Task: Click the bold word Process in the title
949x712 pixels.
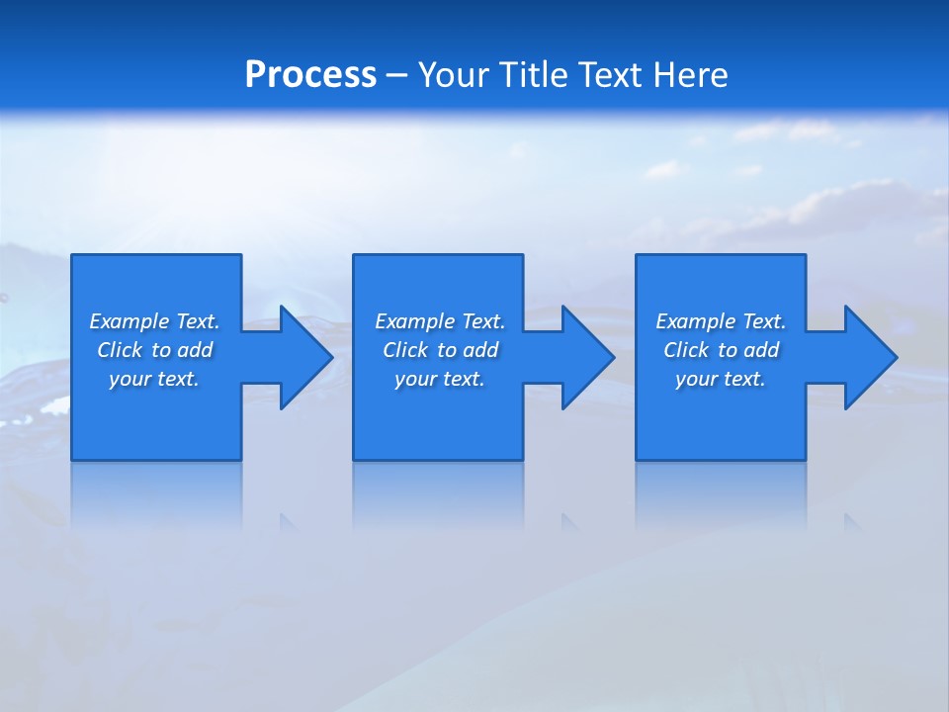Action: (310, 75)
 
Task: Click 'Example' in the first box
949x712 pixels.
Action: (129, 321)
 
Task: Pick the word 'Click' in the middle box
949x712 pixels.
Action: (405, 350)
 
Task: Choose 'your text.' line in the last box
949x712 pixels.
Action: (721, 379)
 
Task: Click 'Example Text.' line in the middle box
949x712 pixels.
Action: (440, 321)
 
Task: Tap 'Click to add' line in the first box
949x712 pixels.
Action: (155, 350)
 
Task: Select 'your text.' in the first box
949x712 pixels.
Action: (154, 379)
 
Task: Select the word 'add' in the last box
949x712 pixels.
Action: (762, 350)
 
